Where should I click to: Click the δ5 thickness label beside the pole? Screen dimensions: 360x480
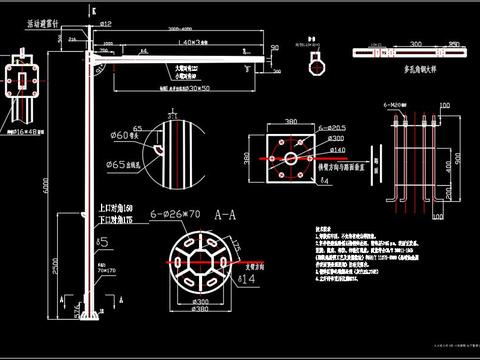[102, 242]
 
